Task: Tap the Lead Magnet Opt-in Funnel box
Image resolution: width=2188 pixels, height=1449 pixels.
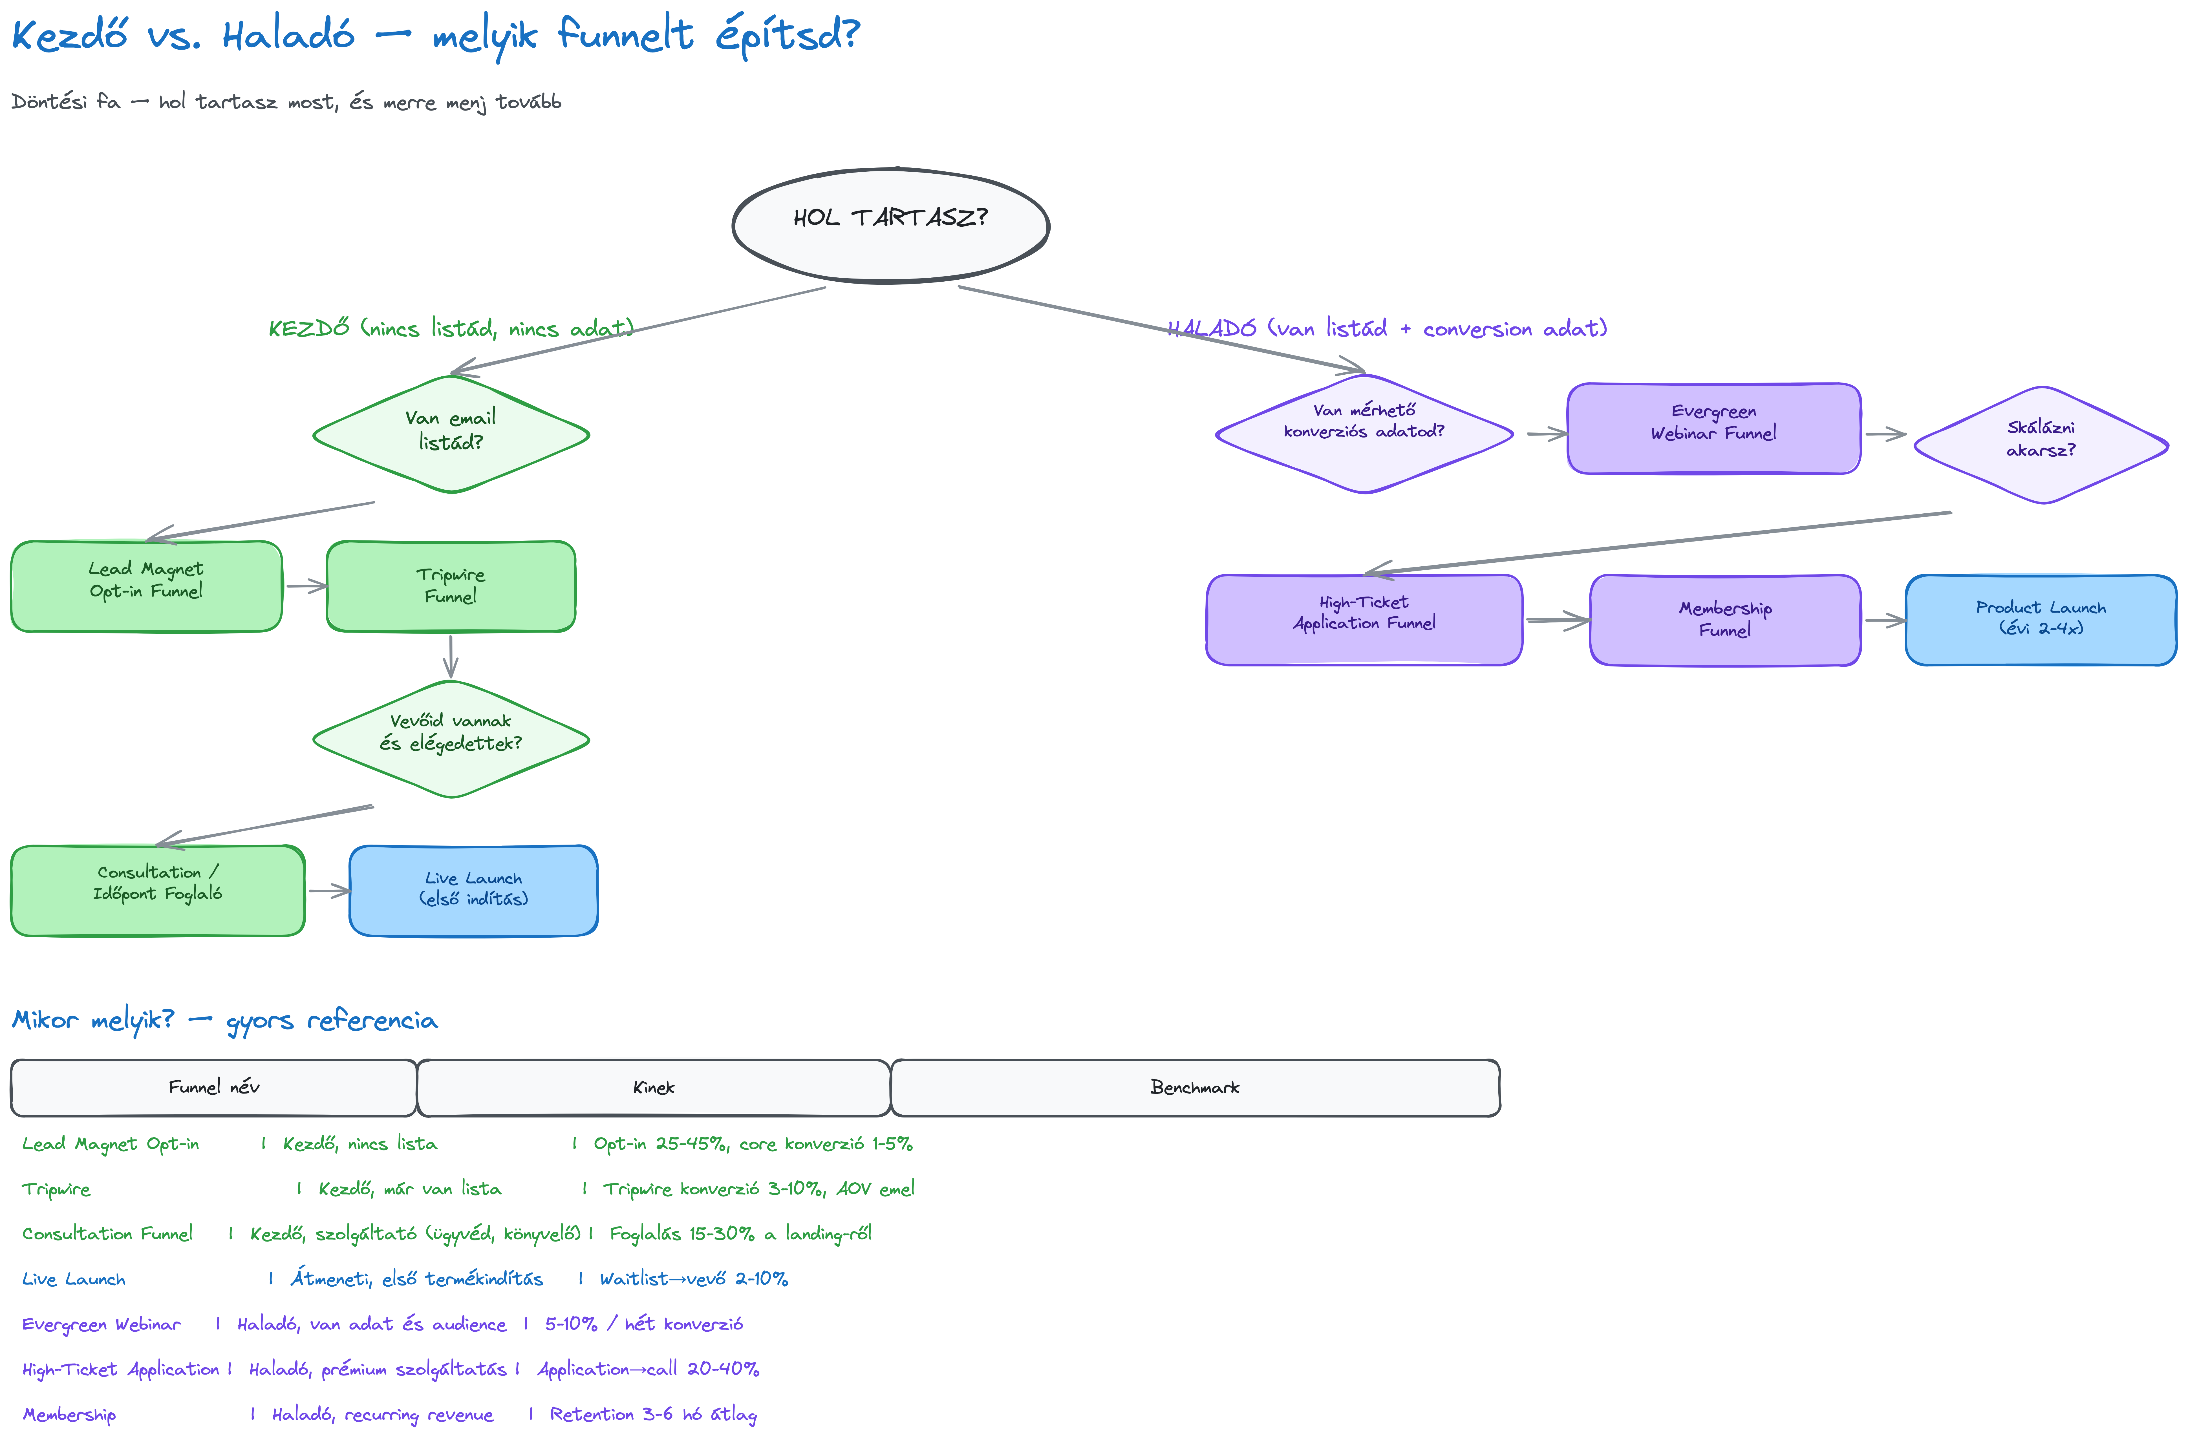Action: pos(146,586)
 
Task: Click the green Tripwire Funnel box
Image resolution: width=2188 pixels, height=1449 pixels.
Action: pos(451,586)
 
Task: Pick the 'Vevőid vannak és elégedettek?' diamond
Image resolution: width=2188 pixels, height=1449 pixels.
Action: pos(451,739)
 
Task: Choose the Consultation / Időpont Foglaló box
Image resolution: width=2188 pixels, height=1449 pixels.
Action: pos(157,891)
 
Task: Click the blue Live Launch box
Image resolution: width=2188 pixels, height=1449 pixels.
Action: pos(473,891)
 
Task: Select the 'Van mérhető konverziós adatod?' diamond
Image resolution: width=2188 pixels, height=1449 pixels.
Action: pos(1364,433)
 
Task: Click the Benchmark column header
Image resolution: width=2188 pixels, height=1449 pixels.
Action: pos(1195,1088)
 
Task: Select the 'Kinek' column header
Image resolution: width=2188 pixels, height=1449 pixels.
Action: pos(653,1088)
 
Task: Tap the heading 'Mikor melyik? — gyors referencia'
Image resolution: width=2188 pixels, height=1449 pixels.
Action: pos(224,1020)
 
